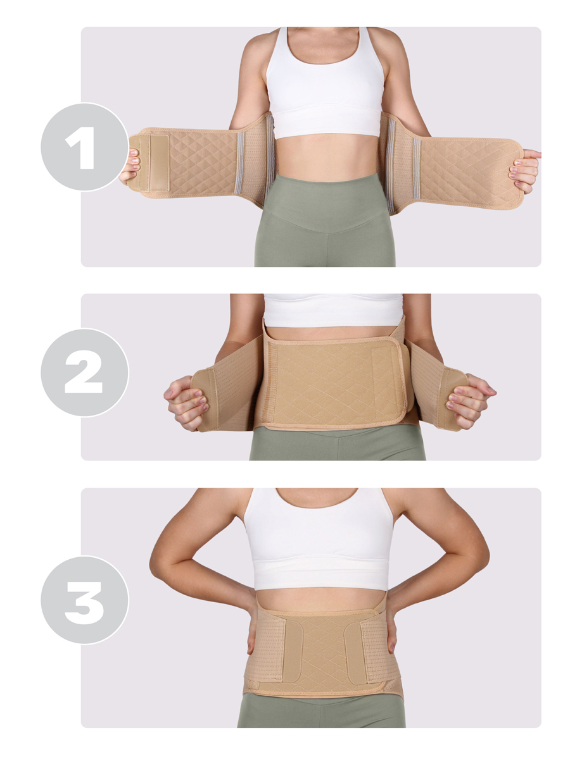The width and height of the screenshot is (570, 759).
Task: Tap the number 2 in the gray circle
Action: (x=84, y=372)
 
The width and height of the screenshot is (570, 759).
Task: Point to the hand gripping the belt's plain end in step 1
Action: (x=524, y=171)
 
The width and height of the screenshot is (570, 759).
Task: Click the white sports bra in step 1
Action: (x=326, y=87)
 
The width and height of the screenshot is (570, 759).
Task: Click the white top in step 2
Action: (x=333, y=310)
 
